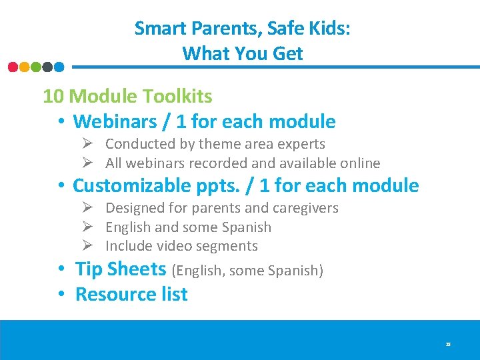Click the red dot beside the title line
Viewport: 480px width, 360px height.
[x=13, y=67]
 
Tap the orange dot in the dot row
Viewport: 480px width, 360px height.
[x=25, y=67]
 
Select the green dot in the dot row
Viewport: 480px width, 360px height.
[x=36, y=67]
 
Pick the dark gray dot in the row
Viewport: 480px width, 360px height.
[x=47, y=67]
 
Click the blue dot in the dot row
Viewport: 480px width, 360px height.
[x=59, y=67]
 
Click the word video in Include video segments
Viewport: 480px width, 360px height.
[x=177, y=246]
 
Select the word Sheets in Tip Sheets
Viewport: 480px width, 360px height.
[x=137, y=269]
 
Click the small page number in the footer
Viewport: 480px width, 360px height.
[x=449, y=345]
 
